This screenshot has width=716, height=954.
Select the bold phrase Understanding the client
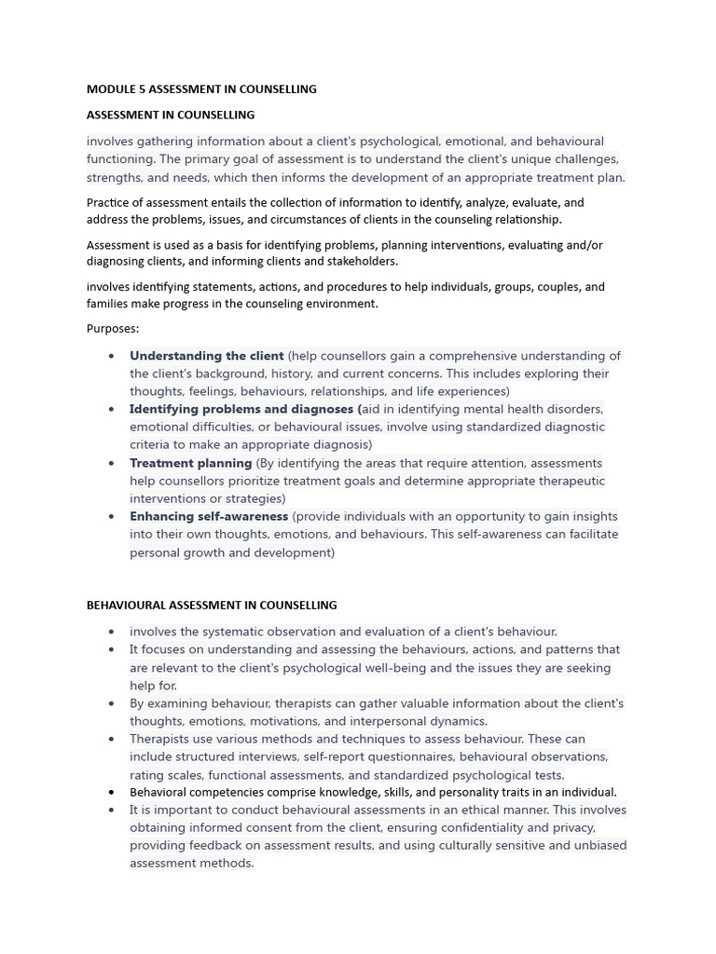pos(206,356)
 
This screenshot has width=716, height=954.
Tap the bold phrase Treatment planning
pos(190,463)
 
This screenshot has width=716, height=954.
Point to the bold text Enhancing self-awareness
pos(209,516)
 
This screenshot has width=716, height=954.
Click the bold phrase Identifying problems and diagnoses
pos(243,409)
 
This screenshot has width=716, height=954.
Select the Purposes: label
pos(113,329)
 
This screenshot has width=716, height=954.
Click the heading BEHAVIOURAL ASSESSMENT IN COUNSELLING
pos(212,606)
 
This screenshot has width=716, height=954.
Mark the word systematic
pos(235,632)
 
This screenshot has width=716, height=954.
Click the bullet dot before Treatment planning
pos(112,463)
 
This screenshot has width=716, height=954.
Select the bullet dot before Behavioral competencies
pos(112,793)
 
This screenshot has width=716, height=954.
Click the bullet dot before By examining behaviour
pos(112,703)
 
